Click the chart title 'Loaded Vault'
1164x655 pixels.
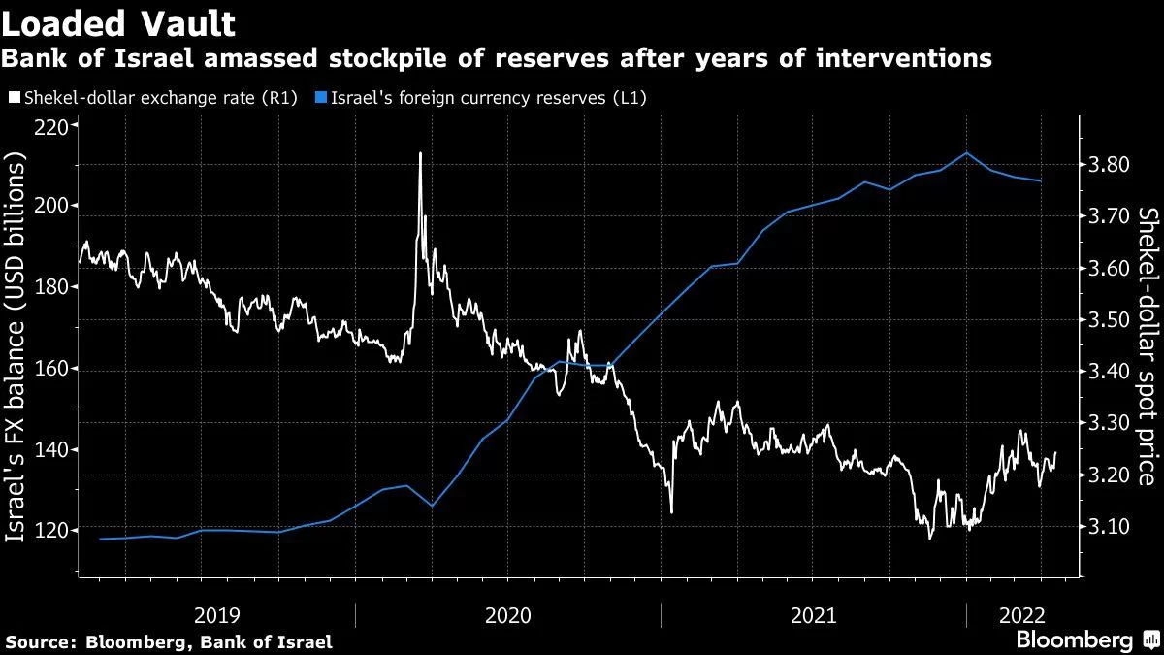tap(118, 20)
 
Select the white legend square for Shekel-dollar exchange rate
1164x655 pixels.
tap(13, 98)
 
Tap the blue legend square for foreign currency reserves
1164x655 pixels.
tap(321, 98)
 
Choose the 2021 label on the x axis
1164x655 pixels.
tap(814, 614)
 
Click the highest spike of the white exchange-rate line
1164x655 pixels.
tap(420, 153)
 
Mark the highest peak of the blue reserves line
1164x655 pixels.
tap(966, 152)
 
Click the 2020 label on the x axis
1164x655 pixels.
tap(508, 614)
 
